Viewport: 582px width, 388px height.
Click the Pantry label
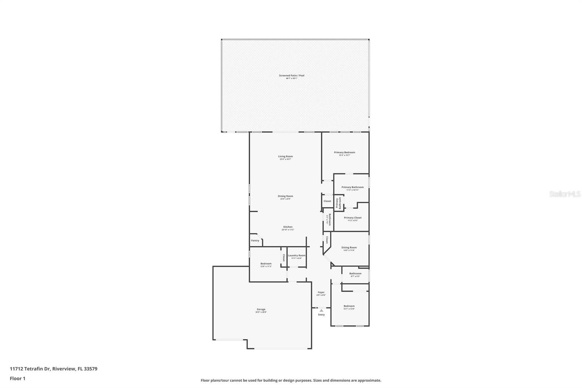point(255,240)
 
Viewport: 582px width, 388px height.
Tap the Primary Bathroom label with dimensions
point(352,188)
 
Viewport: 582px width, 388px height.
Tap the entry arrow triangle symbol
point(321,310)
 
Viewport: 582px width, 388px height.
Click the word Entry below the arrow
point(321,314)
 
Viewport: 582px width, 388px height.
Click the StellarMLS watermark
point(565,194)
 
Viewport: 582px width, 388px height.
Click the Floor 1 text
point(17,379)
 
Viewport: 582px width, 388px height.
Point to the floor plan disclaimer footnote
point(291,380)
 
